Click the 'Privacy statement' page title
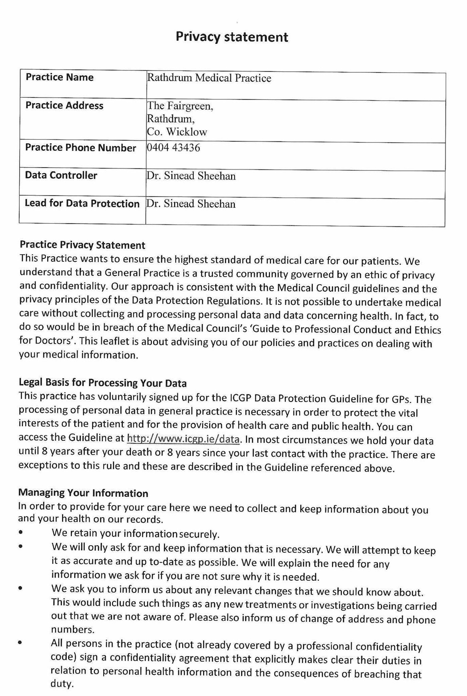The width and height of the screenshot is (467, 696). (x=232, y=37)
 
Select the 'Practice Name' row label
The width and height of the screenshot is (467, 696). (x=59, y=77)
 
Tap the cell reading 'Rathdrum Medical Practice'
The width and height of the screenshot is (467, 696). (x=209, y=78)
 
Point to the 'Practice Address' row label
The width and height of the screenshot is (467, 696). (x=64, y=105)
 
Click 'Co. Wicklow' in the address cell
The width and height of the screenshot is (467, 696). (x=177, y=132)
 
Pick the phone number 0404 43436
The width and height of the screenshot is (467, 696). (x=173, y=148)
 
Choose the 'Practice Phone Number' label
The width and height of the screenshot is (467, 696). (x=80, y=148)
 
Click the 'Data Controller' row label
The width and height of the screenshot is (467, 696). (x=61, y=176)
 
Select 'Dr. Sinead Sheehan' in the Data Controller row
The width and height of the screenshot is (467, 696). (x=191, y=176)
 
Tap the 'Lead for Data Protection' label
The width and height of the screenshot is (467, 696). (x=82, y=204)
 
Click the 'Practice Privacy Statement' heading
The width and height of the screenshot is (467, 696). (x=82, y=245)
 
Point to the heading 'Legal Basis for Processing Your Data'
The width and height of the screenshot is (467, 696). (x=102, y=383)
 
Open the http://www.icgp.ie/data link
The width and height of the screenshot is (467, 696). (x=184, y=439)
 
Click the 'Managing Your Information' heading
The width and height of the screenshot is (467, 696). (x=83, y=493)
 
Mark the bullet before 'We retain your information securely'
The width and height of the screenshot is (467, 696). (x=21, y=532)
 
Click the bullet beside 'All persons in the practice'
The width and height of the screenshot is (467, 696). (x=21, y=643)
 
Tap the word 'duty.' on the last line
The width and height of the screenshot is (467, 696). (x=62, y=684)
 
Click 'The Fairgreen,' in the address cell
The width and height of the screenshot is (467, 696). (x=180, y=106)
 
